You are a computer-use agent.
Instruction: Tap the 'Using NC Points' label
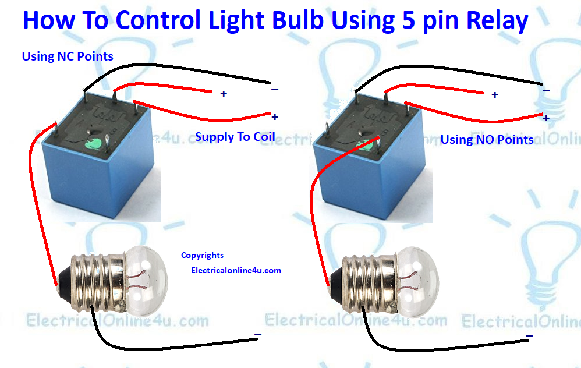point(68,56)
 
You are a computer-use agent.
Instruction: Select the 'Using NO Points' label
point(487,140)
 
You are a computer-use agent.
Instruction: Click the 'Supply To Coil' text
point(235,137)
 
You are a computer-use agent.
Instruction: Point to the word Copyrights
point(202,255)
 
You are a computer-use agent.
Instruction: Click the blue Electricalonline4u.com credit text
point(236,270)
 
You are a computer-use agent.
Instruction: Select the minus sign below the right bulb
point(529,336)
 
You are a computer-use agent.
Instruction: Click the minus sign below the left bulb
point(257,335)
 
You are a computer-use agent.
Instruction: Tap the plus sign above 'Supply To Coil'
point(275,117)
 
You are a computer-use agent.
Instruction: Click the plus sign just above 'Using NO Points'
point(546,118)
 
